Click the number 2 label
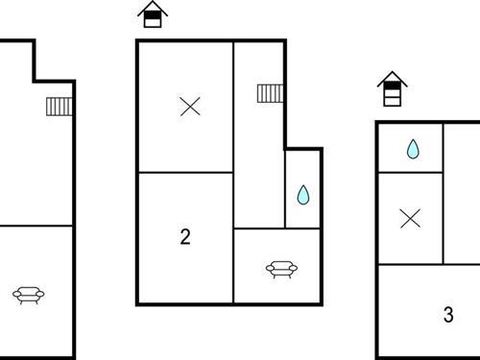pos(185,237)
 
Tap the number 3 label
pos(448,315)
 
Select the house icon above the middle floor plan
pos(152,14)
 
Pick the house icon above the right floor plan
pos(391,89)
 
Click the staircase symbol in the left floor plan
pos(59,105)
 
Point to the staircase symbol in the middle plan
pos(270,93)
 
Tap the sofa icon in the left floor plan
pos(28,295)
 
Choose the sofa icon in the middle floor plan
pos(278,270)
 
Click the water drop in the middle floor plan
pos(303,196)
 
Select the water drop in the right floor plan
pos(412,149)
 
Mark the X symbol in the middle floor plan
pos(190,107)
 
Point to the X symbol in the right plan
pos(410,219)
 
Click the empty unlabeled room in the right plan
pos(461,192)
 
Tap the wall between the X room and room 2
pos(185,173)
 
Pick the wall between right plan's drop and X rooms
pos(410,173)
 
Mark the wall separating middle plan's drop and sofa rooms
pos(302,228)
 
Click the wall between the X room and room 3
pos(410,263)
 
